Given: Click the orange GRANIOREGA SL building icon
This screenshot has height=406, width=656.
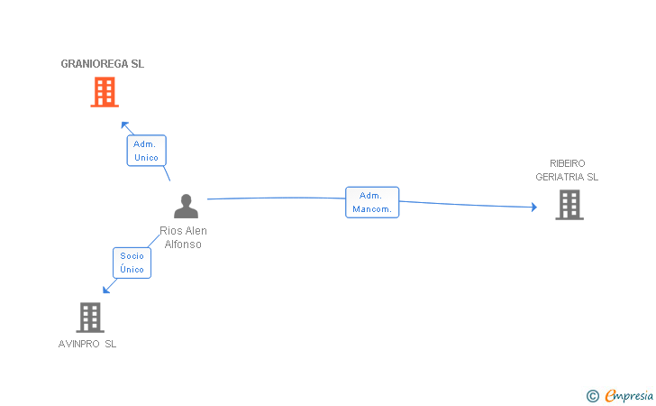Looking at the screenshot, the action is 105,92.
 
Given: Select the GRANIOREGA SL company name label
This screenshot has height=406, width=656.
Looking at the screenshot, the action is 102,64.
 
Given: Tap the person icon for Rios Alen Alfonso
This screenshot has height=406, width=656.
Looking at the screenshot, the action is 186,207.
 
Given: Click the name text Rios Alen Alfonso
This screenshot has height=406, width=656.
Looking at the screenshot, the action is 183,237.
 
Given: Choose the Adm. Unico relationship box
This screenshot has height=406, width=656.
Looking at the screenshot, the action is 146,151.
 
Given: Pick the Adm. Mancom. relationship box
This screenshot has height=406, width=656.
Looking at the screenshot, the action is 372,202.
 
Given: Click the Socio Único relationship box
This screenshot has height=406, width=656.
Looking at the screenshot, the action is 132,263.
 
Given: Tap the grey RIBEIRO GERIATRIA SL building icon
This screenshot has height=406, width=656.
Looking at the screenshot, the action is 569,205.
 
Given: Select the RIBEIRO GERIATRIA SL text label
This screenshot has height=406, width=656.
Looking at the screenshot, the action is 567,170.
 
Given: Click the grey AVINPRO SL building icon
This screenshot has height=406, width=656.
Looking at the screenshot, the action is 89,318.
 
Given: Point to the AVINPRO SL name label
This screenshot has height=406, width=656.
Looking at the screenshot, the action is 87,344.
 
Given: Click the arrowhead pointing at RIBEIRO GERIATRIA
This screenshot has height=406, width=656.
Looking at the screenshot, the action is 533,208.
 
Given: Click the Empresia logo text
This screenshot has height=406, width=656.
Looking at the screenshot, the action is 629,395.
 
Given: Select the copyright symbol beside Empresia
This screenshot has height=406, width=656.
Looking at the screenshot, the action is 592,395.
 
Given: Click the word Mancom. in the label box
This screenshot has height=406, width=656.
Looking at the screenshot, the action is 372,209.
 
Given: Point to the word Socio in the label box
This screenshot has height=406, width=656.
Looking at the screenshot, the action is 132,256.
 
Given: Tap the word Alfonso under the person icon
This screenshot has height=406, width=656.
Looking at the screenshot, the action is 183,245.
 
